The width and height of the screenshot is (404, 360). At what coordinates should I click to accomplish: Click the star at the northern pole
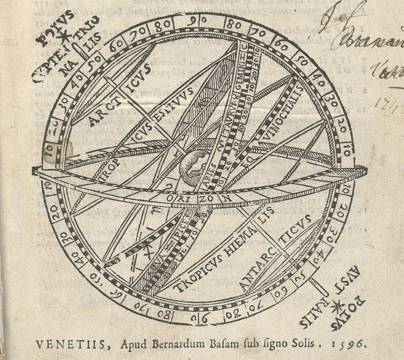pyautogui.click(x=63, y=35)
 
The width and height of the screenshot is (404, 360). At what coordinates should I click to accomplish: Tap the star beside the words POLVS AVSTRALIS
pyautogui.click(x=337, y=306)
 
